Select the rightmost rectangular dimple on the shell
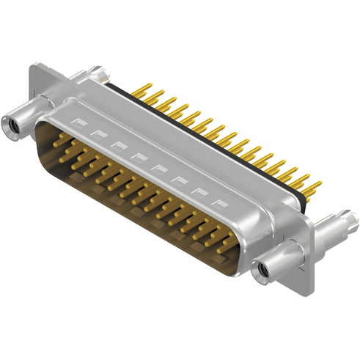[x=218, y=202]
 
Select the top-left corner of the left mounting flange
[x=33, y=67]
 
